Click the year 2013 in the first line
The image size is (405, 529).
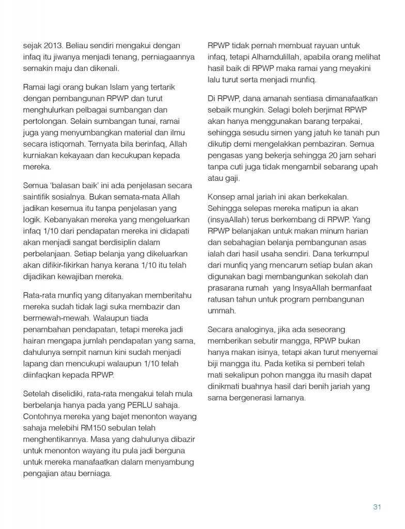[54, 45]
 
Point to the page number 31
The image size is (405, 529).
[377, 507]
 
